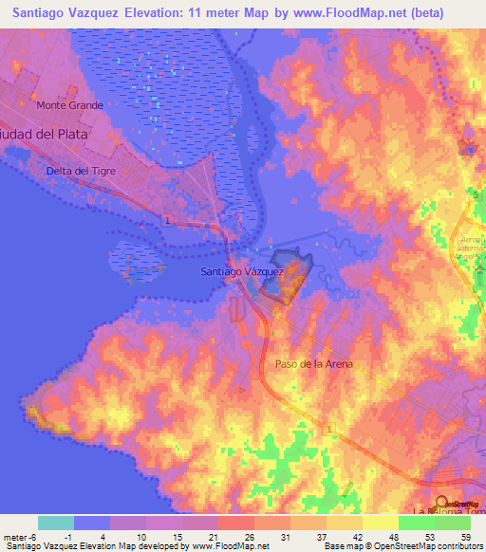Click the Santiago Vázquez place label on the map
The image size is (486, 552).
(x=242, y=271)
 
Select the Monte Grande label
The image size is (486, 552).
(x=69, y=105)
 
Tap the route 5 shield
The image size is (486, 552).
(x=475, y=193)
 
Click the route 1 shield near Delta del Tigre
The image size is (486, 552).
(x=166, y=220)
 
